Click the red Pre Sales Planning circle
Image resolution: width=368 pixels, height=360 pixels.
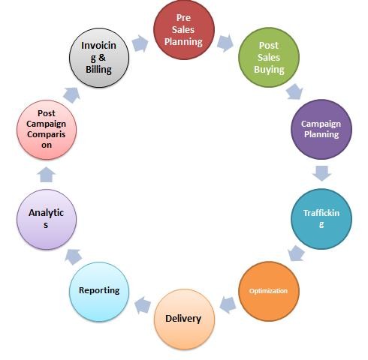(x=184, y=29)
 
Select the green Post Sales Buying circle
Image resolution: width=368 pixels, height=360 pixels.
(x=269, y=57)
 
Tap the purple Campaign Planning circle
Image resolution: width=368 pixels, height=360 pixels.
(x=321, y=129)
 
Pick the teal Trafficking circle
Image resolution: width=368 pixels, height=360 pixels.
(x=321, y=219)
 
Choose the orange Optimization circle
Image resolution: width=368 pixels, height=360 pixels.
(x=269, y=291)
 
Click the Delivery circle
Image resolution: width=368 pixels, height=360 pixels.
(x=184, y=319)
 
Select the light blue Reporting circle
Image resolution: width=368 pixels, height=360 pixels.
(x=99, y=292)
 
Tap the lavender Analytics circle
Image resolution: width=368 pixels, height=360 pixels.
(x=47, y=219)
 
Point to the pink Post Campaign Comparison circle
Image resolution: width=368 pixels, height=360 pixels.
(x=47, y=130)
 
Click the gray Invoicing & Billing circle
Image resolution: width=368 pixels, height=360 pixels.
(x=99, y=58)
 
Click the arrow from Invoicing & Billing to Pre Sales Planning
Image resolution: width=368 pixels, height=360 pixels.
(x=140, y=43)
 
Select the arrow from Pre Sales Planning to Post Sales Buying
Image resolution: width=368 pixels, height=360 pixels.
(x=225, y=43)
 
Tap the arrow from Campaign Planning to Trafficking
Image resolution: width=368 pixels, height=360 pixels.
(x=322, y=173)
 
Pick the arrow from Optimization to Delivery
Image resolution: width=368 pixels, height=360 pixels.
(x=228, y=305)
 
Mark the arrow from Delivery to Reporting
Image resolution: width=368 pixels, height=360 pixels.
(x=143, y=305)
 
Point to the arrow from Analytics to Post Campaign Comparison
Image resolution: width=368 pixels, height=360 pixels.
(x=47, y=175)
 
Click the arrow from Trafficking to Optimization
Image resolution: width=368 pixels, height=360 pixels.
(x=296, y=253)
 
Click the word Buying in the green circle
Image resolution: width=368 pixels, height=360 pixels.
(x=269, y=70)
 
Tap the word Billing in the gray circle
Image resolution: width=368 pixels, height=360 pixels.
(x=98, y=70)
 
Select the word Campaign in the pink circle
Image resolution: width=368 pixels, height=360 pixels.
(x=47, y=124)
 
